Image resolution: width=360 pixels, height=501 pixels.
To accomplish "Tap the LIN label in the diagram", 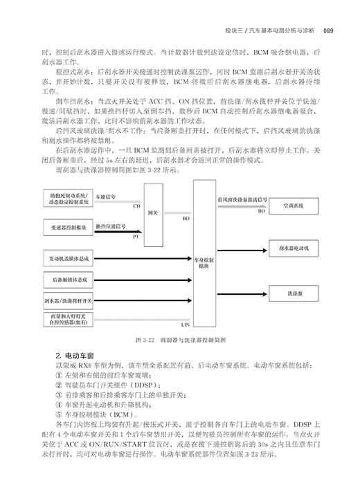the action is click(185, 323).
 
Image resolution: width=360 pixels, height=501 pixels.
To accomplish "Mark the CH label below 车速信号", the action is click(136, 206).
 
